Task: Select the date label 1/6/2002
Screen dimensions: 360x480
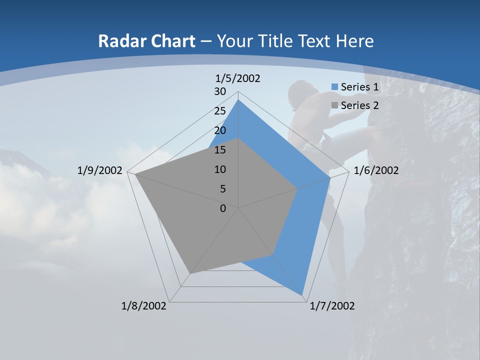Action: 376,170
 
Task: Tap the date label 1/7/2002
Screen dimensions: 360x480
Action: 332,306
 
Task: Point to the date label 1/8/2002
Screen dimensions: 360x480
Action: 144,306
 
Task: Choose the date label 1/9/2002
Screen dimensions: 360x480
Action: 99,170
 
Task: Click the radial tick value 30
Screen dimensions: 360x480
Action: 220,91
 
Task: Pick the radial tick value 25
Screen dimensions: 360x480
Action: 220,111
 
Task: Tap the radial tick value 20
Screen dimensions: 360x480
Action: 220,130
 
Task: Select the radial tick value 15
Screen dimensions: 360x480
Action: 220,150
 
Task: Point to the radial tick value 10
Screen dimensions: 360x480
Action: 220,169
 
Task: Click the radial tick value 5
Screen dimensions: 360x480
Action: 222,189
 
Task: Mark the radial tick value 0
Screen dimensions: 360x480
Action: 223,208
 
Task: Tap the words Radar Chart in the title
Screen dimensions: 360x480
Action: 146,41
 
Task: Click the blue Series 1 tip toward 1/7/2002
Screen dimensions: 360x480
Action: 302,295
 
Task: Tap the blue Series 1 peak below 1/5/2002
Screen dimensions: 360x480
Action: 238,100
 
